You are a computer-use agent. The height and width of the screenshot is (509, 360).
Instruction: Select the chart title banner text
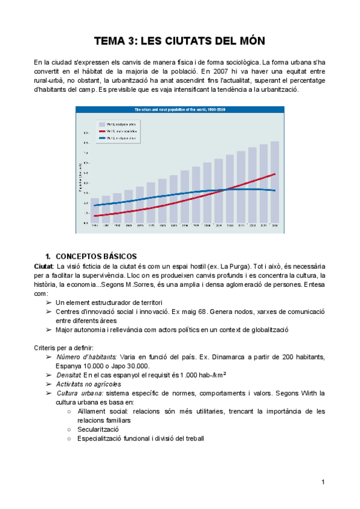pyautogui.click(x=179, y=110)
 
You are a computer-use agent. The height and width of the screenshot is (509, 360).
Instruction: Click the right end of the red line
pyautogui.click(x=275, y=174)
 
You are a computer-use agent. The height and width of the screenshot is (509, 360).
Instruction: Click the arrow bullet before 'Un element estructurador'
pyautogui.click(x=48, y=303)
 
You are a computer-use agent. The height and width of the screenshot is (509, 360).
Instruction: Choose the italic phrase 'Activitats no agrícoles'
pyautogui.click(x=88, y=384)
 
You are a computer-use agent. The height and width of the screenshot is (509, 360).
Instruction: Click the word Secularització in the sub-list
pyautogui.click(x=98, y=429)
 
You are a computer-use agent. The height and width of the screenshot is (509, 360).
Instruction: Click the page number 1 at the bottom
pyautogui.click(x=323, y=482)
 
